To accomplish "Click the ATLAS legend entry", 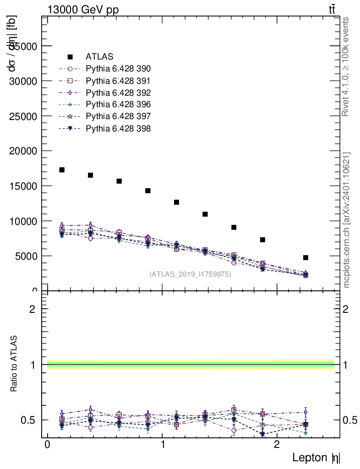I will point(99,57).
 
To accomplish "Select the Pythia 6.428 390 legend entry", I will point(118,69).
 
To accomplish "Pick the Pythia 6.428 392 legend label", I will point(118,93).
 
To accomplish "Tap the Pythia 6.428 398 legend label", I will point(118,128).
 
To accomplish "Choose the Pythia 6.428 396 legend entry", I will point(118,104).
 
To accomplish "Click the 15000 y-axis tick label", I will point(24,186).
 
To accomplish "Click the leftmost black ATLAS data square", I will point(62,170).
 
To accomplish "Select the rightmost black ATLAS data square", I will point(305,257).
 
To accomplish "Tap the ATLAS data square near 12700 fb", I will point(176,202).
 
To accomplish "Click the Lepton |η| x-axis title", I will point(316,457).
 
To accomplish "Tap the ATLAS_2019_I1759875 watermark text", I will point(190,274).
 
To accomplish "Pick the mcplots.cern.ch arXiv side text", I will point(346,220).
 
